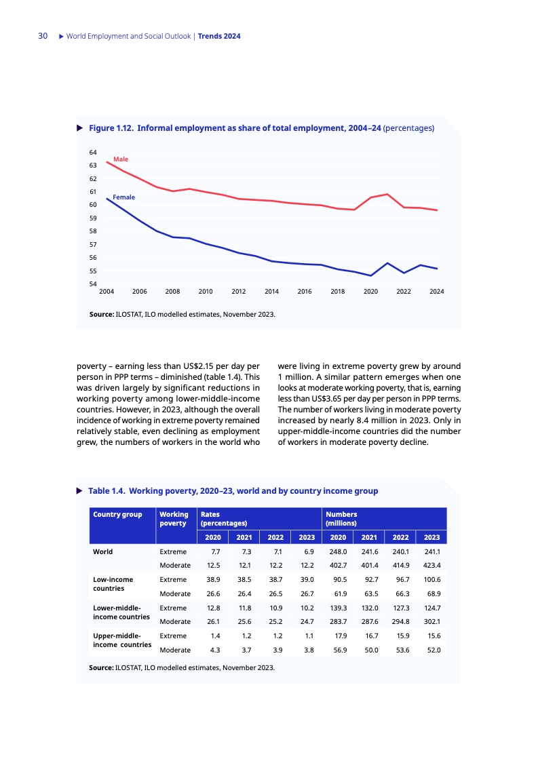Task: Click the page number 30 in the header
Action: click(x=42, y=36)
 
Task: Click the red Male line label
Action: click(x=120, y=159)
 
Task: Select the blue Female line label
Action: click(x=123, y=197)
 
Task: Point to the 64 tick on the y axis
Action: click(x=93, y=152)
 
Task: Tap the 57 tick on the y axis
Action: click(x=93, y=244)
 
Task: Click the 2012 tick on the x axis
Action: click(x=239, y=291)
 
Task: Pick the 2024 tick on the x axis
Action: click(x=436, y=291)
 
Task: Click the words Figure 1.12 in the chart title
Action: click(x=111, y=127)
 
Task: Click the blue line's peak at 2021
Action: click(x=387, y=262)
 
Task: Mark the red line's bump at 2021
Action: click(x=387, y=194)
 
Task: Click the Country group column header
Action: click(x=117, y=514)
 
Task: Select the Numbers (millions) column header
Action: click(x=341, y=519)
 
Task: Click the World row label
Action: click(x=103, y=551)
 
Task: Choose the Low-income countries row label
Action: click(x=113, y=584)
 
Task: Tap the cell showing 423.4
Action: click(x=431, y=565)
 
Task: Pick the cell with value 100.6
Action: click(x=431, y=580)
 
